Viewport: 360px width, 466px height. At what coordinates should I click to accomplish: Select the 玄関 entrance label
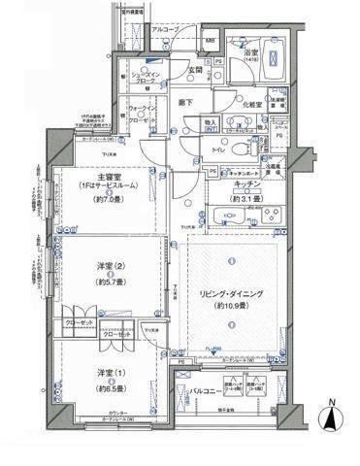point(194,70)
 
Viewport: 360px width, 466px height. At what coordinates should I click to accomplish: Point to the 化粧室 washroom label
point(251,104)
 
